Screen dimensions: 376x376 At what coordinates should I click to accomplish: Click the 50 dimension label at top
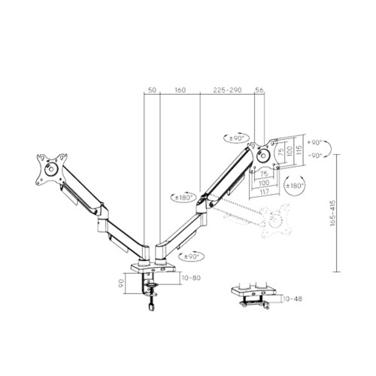(x=152, y=90)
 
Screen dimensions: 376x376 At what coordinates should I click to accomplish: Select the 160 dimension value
(x=180, y=90)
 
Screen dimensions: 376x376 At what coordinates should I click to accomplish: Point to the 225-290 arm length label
(x=227, y=90)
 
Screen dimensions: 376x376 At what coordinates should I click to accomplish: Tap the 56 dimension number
(x=259, y=90)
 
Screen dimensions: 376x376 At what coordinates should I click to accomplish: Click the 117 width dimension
(x=264, y=191)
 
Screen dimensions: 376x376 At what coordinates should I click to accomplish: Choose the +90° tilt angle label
(x=314, y=141)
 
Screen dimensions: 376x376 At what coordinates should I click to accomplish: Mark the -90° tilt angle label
(x=314, y=155)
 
